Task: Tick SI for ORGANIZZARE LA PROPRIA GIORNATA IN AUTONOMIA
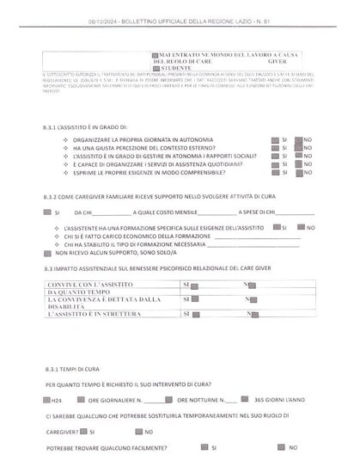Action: (x=274, y=138)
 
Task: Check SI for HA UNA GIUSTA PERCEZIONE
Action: (x=274, y=145)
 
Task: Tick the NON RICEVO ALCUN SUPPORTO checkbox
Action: (x=49, y=254)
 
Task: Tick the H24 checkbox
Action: (x=45, y=400)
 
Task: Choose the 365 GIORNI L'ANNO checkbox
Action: (x=247, y=400)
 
